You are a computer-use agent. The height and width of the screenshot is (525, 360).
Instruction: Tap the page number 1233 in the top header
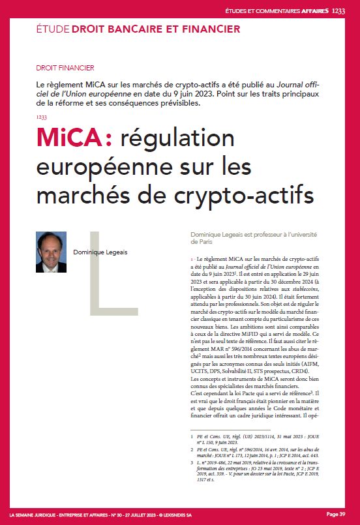(339, 11)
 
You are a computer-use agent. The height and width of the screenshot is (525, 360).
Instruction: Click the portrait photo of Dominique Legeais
(52, 252)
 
